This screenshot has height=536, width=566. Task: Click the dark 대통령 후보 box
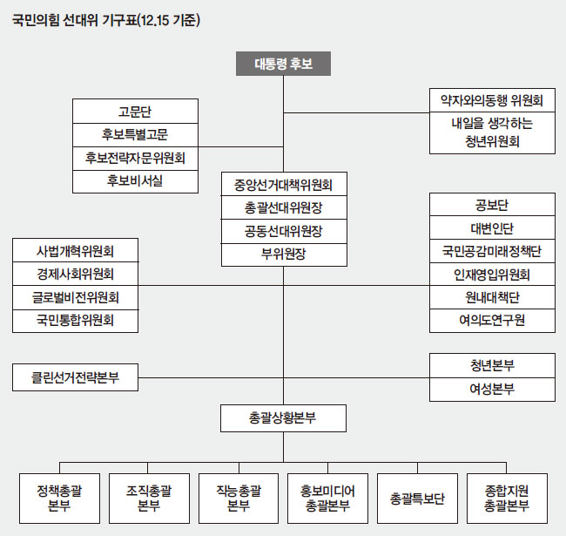point(283,64)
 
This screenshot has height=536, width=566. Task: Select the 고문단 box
point(135,112)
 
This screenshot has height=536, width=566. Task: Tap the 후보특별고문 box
point(135,134)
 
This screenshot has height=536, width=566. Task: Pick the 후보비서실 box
point(135,180)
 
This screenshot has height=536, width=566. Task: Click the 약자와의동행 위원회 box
point(492,100)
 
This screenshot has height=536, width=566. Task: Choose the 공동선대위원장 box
point(284,231)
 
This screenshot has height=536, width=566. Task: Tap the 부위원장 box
point(284,254)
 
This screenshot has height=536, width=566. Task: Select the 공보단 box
point(492,206)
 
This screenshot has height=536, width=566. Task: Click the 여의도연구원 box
point(492,320)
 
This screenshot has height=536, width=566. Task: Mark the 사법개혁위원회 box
point(76,251)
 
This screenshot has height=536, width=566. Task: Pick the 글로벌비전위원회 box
point(76,297)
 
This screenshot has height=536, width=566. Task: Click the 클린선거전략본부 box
point(76,378)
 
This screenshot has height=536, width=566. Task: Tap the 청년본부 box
point(492,366)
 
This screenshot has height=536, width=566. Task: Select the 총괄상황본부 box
point(284,418)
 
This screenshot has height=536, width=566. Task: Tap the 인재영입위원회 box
point(492,275)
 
